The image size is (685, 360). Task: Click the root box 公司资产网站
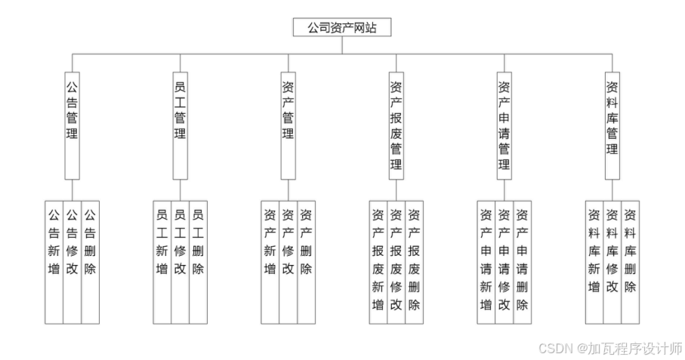342,28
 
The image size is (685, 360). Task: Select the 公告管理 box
73,125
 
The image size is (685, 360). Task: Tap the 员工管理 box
181,125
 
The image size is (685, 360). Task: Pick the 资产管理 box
288,125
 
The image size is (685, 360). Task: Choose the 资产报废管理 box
396,125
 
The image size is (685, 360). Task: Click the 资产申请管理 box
504,125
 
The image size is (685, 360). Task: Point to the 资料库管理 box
612,125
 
